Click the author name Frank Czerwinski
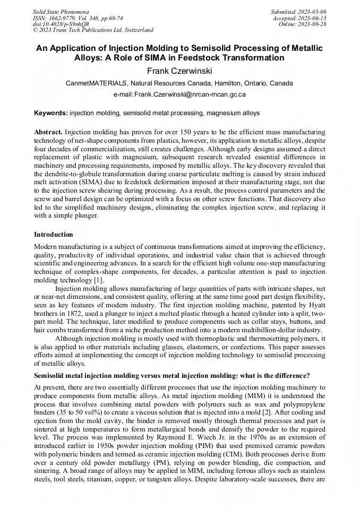[179, 71]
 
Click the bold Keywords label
[51, 113]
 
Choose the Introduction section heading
[54, 234]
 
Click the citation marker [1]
[99, 280]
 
